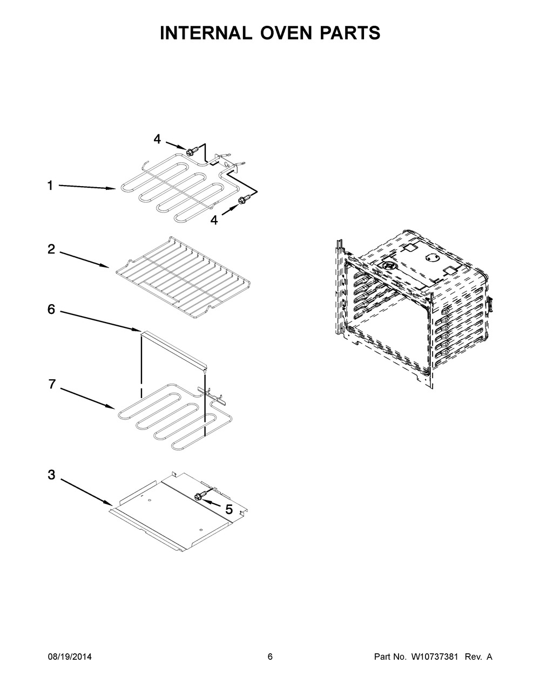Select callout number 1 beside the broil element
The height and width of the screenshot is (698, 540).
50,186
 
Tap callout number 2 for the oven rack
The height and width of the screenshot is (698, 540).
51,249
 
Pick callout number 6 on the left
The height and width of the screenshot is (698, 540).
51,310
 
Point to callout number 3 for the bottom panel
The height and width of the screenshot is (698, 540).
51,475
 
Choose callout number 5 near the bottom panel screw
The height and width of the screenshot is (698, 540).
228,509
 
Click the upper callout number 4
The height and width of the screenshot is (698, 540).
157,139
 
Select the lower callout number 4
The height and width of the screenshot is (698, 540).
214,220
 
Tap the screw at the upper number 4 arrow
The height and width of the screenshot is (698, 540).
190,153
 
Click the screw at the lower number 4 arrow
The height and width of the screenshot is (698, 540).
242,201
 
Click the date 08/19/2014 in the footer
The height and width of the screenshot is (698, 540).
70,656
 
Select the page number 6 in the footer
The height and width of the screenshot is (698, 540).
270,656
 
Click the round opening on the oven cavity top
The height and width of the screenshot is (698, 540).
433,258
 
